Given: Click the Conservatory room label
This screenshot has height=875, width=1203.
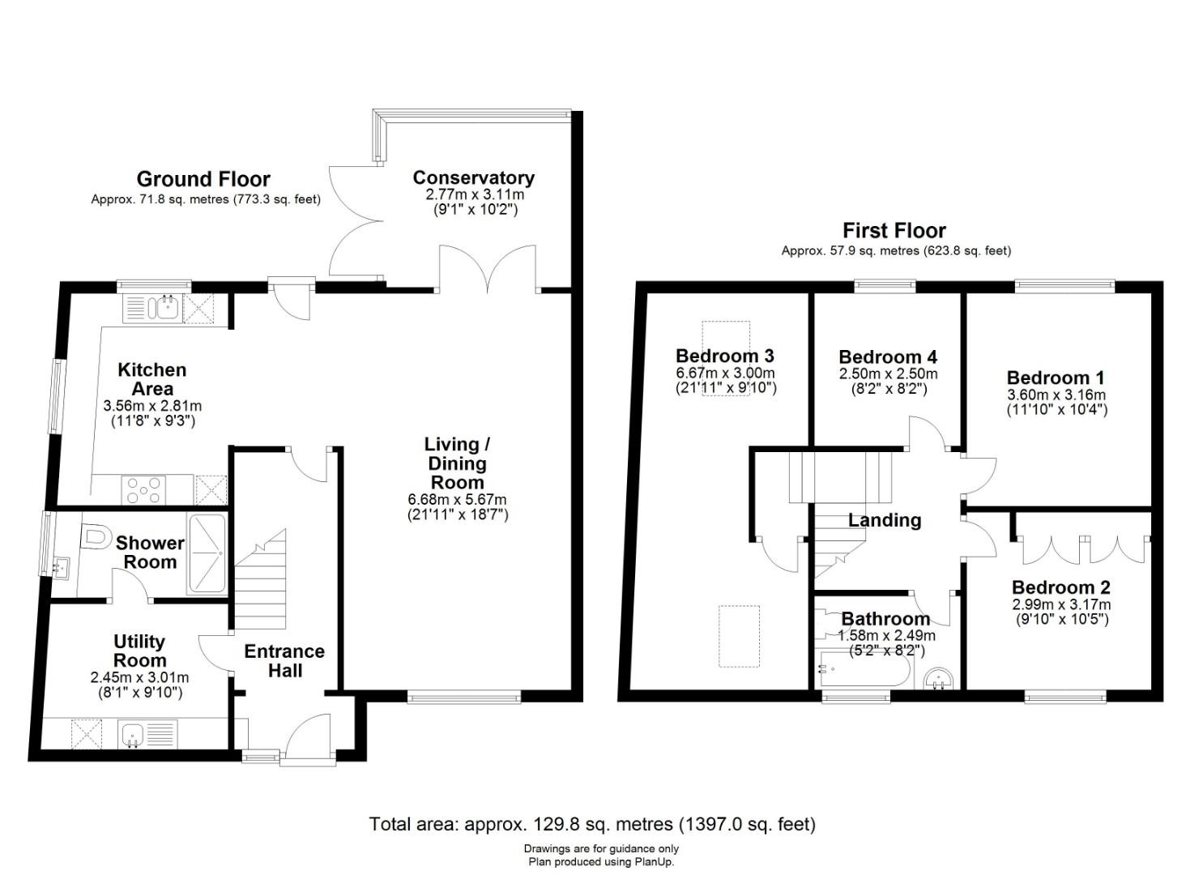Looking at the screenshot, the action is pos(473,177).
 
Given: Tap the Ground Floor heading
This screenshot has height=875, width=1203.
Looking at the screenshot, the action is pos(203,179).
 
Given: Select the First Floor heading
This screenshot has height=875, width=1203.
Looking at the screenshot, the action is pos(894,230).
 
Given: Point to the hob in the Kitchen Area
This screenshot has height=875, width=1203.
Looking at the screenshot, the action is pos(144,490).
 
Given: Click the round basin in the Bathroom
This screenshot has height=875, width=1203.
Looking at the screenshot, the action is pos(938,678).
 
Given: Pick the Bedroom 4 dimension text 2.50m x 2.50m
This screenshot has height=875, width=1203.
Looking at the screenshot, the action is pos(888,373).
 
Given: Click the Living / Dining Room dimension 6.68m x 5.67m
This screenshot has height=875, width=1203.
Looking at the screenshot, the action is pos(457,500).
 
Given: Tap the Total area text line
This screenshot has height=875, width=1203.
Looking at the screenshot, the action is pos(592,823).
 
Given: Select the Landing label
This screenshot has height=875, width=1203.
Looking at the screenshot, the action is pos(885,520).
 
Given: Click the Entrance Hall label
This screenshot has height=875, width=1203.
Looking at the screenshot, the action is pos(284,661).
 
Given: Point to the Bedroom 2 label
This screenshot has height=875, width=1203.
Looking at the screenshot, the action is pos(1060,587).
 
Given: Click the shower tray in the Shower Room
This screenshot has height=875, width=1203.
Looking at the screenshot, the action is pos(207,554).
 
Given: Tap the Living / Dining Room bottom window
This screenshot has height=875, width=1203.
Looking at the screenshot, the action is pos(464,698).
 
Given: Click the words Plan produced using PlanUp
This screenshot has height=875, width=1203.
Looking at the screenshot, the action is pos(601,862).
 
